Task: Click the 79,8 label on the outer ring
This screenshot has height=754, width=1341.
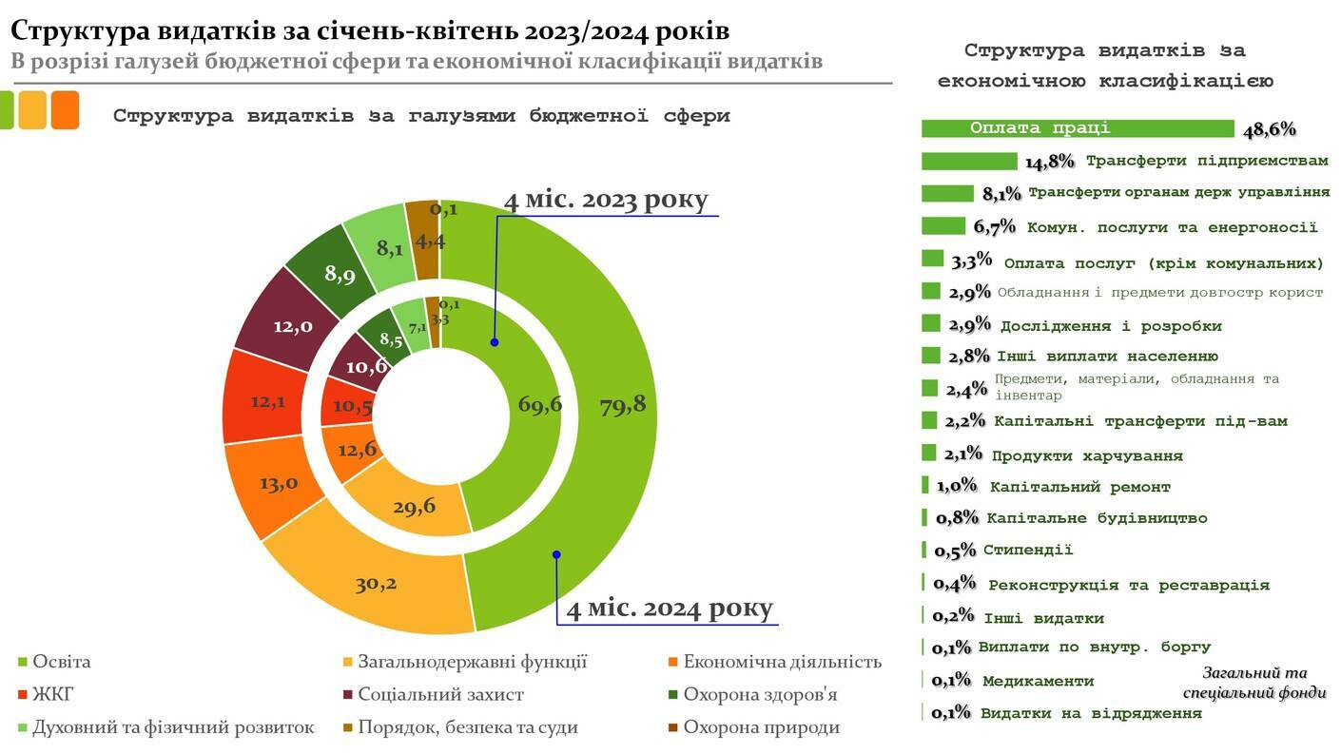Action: tap(622, 405)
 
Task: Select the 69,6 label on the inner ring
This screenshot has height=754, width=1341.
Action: tap(539, 404)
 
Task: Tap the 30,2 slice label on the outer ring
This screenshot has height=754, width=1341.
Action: tap(376, 584)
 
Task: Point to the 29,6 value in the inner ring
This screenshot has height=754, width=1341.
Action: tap(414, 506)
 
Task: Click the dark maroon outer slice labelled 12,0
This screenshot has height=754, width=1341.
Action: tap(293, 326)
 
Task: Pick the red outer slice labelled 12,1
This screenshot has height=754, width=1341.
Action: tap(267, 401)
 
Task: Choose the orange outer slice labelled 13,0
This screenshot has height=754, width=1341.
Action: tap(279, 483)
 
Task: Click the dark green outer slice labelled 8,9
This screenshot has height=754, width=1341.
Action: tap(340, 275)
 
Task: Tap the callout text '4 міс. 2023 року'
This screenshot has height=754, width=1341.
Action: tap(606, 201)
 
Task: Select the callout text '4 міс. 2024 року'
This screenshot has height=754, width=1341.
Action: tap(670, 608)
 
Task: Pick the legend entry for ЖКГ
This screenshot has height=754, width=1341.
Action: tap(53, 695)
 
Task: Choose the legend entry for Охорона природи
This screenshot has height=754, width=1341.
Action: tap(761, 727)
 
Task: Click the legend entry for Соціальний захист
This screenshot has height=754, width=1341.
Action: tap(440, 695)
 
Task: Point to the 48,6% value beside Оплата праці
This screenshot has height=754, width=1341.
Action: tap(1269, 130)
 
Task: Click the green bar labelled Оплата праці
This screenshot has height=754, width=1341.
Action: tap(1077, 128)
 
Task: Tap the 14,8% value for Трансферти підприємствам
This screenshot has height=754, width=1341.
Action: tap(1049, 162)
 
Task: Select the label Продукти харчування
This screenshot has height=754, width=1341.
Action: tap(1087, 456)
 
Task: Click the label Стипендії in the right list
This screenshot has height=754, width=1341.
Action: tap(1028, 550)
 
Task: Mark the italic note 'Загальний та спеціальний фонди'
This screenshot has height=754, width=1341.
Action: tap(1263, 683)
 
